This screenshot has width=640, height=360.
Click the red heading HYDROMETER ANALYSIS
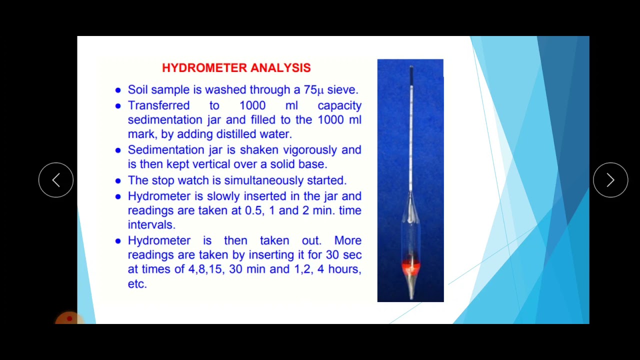pyautogui.click(x=236, y=68)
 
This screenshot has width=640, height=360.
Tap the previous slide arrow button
pyautogui.click(x=56, y=180)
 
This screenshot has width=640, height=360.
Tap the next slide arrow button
pyautogui.click(x=610, y=180)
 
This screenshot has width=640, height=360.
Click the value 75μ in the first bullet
pyautogui.click(x=313, y=90)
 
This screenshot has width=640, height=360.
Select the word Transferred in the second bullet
pyautogui.click(x=151, y=105)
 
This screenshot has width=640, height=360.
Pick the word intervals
pyautogui.click(x=151, y=225)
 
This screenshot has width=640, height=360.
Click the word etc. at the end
pyautogui.click(x=137, y=284)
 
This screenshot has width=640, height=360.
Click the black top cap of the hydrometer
pyautogui.click(x=411, y=75)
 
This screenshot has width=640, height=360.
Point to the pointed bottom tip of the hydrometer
pyautogui.click(x=410, y=296)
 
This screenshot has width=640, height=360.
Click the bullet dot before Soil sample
pyautogui.click(x=118, y=90)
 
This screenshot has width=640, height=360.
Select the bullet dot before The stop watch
pyautogui.click(x=118, y=181)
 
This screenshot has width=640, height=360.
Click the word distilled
pyautogui.click(x=236, y=134)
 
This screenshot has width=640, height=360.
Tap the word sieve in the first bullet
pyautogui.click(x=342, y=90)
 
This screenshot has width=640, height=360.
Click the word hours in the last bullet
pyautogui.click(x=343, y=269)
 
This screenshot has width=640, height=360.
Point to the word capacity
pyautogui.click(x=339, y=105)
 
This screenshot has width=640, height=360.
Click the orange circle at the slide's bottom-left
pyautogui.click(x=68, y=319)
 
